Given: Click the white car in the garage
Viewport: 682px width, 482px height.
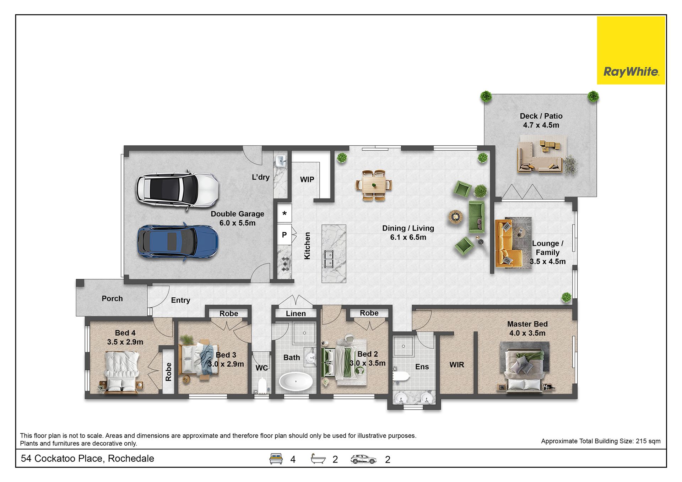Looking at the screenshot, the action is coord(177,191).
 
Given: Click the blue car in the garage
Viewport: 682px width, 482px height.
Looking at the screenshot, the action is coord(178,242).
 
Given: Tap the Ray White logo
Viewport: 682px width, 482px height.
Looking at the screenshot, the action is coord(631,50).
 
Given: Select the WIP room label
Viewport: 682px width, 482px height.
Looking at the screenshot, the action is coord(307,180).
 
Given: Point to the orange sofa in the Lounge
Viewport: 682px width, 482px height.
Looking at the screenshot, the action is coord(506,243).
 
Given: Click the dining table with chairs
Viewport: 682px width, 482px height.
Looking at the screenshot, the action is coord(374,185).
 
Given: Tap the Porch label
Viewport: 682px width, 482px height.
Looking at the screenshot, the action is coord(112,299).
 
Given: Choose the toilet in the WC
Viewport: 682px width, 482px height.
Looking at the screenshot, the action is coord(262,385).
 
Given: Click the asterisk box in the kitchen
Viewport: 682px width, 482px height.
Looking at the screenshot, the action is coord(284,213).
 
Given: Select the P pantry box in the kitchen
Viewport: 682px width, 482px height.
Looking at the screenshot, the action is coord(284,234).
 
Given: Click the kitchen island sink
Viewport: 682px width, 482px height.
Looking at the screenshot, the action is coord(329,258).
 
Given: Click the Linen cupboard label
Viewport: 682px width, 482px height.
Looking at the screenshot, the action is coord(296,314).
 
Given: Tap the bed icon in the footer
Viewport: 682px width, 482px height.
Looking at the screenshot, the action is coord(276,459).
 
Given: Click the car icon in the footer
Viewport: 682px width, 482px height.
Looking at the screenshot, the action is coord(363,459).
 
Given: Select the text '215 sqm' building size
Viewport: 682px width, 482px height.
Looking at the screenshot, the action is coord(648,441).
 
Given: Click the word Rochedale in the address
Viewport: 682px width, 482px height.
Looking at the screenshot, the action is coord(131,459).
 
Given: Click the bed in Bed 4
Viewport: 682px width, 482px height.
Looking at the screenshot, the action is coord(122,372).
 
